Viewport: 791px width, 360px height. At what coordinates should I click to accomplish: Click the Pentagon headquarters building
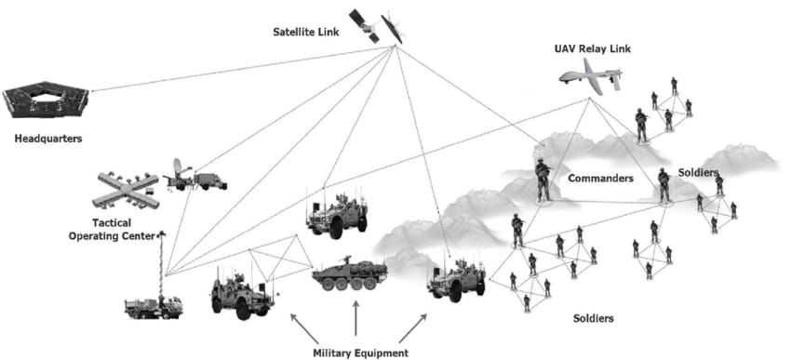tap(46, 100)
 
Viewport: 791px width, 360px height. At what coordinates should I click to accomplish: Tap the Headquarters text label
tap(47, 139)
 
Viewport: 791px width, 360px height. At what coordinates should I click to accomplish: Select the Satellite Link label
tap(306, 33)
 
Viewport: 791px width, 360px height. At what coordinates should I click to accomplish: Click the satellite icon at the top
tap(377, 26)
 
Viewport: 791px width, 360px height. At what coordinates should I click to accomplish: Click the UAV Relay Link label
tap(592, 49)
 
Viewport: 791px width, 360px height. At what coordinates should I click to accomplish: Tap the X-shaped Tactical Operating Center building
tap(127, 190)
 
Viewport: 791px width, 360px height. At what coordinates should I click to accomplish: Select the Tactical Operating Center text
tap(112, 230)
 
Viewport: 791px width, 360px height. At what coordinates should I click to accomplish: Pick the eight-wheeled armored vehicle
tap(350, 273)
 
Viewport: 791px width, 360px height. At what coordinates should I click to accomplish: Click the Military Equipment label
tap(360, 353)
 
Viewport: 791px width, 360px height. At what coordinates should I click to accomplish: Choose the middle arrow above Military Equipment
tap(356, 318)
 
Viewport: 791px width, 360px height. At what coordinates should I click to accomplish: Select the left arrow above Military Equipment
tap(304, 327)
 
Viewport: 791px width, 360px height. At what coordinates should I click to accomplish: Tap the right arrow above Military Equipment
tap(412, 328)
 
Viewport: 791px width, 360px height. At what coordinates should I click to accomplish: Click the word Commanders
tap(600, 179)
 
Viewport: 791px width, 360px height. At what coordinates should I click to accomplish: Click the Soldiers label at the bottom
tap(594, 319)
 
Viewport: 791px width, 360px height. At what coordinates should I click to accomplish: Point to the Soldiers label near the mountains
tap(698, 172)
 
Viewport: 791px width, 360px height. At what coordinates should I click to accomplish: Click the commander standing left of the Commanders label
tap(543, 180)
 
